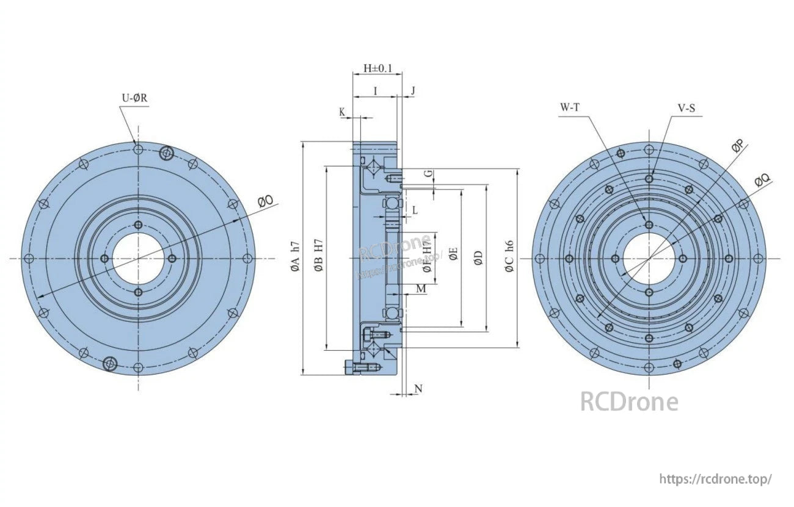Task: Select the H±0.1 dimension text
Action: tap(377, 67)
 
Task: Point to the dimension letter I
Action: tap(375, 91)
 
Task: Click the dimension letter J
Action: tap(413, 91)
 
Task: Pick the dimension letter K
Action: tap(342, 112)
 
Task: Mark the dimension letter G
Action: tap(429, 174)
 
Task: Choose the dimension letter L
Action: tap(415, 210)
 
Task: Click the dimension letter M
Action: tap(421, 289)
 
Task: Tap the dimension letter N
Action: tap(418, 389)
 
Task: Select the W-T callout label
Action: tap(570, 107)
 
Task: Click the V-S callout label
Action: tap(687, 108)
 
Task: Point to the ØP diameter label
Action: tap(738, 146)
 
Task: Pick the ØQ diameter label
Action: tap(762, 180)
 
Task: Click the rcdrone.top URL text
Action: tap(716, 479)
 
